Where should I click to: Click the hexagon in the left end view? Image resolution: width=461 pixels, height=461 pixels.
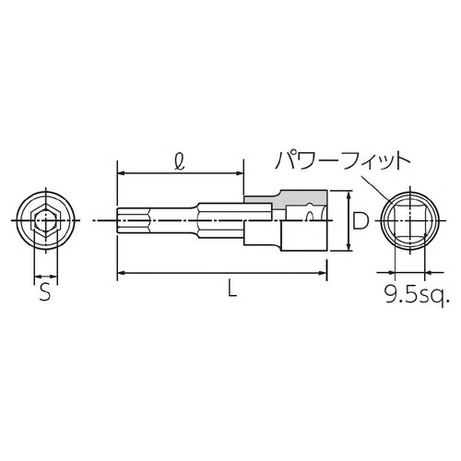[x=43, y=221]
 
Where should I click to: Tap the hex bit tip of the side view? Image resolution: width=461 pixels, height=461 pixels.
[x=129, y=221]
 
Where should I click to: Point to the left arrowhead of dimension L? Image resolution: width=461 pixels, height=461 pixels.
[x=121, y=271]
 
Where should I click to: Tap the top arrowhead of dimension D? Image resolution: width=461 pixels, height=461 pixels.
[x=348, y=195]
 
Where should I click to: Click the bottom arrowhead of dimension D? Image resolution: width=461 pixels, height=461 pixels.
[x=348, y=247]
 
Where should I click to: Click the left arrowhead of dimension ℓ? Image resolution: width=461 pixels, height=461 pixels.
[x=121, y=171]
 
